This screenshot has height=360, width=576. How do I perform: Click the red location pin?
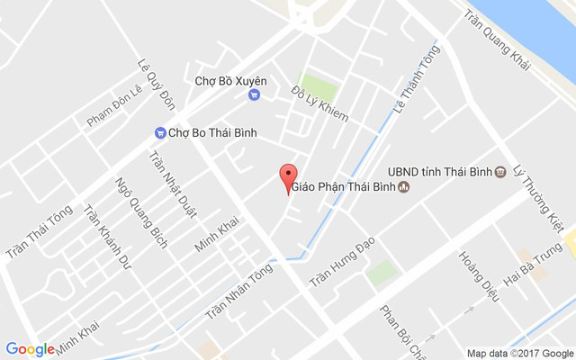click(x=288, y=177)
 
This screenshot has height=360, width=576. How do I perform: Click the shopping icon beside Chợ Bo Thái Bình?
click(x=159, y=133)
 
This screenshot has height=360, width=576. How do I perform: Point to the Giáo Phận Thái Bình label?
click(x=342, y=188)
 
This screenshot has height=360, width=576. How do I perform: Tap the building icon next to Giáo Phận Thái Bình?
click(x=404, y=188)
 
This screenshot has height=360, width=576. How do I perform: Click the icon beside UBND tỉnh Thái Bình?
click(x=500, y=171)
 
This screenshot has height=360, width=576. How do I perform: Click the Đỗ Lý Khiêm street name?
click(x=319, y=104)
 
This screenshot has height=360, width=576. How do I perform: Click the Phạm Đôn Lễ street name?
click(x=114, y=106)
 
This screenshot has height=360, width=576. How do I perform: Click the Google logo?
click(x=30, y=349)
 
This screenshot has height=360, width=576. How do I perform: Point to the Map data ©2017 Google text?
click(x=520, y=353)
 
